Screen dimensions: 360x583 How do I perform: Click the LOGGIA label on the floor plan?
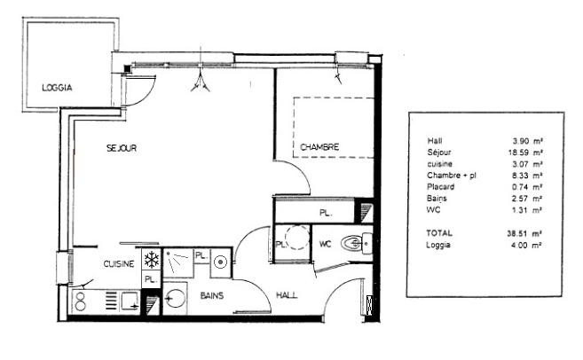(57, 88)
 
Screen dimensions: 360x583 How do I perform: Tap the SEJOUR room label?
(121, 149)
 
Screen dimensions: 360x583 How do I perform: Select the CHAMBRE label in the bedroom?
(319, 147)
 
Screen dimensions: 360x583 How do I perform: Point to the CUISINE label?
(118, 264)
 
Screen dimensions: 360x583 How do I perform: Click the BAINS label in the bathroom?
(211, 294)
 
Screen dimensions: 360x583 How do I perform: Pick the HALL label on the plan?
(287, 294)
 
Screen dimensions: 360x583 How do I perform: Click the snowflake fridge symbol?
(151, 260)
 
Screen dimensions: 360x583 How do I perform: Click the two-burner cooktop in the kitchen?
(87, 299)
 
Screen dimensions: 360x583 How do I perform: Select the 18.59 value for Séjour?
(524, 153)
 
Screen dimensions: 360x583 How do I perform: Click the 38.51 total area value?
(524, 233)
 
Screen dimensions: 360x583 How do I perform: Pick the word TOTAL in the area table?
(439, 233)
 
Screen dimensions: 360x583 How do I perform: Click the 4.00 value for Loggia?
(526, 245)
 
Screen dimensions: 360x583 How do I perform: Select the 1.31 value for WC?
(526, 210)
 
